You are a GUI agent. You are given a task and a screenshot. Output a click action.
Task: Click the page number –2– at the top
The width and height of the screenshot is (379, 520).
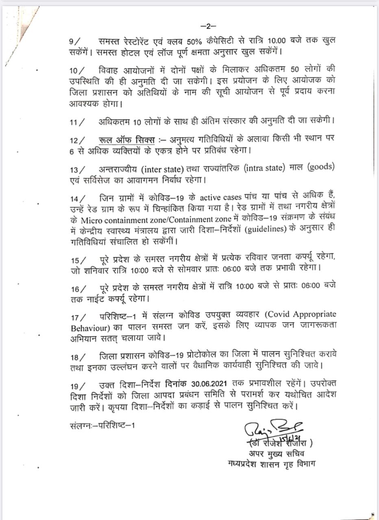point(208,26)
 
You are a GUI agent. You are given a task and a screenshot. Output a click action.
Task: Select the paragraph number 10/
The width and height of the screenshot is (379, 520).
point(77,70)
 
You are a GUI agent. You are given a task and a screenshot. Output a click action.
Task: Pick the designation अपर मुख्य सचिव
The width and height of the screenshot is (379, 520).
point(277,453)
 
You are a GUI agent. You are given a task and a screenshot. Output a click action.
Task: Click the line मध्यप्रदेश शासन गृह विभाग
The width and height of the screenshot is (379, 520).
point(271,464)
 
